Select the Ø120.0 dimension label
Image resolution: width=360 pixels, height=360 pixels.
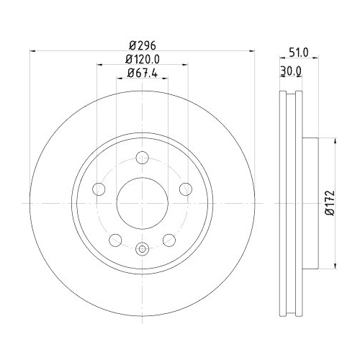(x=142, y=59)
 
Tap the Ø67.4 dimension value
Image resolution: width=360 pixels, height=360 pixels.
(x=142, y=73)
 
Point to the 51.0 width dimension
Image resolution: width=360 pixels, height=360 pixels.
(x=298, y=53)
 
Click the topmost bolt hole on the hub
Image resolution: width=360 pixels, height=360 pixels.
(x=142, y=158)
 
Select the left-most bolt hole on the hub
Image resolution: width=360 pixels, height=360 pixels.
(x=99, y=189)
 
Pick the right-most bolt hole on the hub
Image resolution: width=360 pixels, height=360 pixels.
(x=185, y=189)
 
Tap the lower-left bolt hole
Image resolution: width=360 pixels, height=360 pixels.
(x=115, y=239)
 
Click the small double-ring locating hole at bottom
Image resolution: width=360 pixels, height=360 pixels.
(x=142, y=250)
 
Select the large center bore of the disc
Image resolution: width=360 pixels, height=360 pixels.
(x=142, y=203)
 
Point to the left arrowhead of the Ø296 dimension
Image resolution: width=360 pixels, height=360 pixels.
(x=30, y=51)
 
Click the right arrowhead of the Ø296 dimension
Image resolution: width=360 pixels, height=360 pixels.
(x=253, y=51)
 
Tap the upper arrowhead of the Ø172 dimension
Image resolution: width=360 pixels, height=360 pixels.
(x=333, y=141)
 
